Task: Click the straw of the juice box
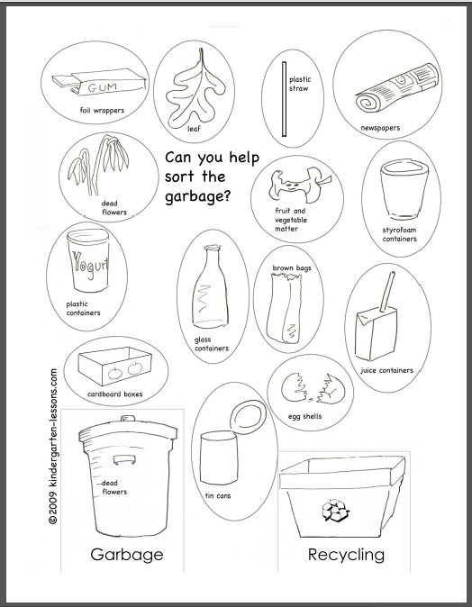tap(393, 295)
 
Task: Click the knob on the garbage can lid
tap(125, 418)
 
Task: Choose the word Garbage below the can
tap(126, 554)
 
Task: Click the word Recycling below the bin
tap(346, 554)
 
